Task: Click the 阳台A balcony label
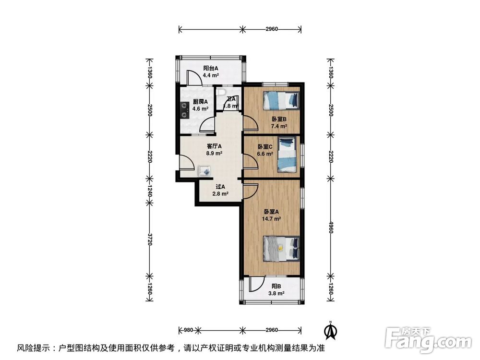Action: coord(210,69)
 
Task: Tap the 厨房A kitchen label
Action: coord(200,102)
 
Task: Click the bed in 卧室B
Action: coord(281,100)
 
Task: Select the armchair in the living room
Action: coord(204,170)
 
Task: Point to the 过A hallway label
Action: coord(220,187)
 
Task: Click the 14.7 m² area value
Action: coord(272,218)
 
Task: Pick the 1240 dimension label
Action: coord(149,192)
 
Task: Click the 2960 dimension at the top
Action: coord(271,29)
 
